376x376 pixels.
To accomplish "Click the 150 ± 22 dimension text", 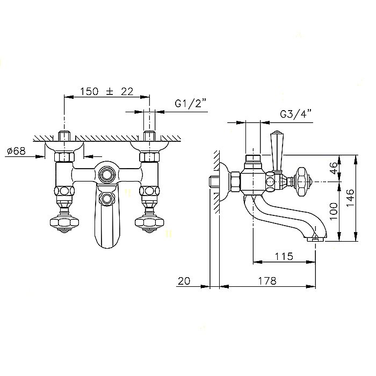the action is (106, 91).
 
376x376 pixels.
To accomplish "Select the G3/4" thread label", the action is (295, 114).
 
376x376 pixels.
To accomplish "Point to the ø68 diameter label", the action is (16, 151).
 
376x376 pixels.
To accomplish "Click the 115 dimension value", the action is (284, 256).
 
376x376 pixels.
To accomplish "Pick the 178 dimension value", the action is (267, 280).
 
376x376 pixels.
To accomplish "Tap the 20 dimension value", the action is (184, 281).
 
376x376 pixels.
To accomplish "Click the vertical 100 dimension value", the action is (334, 211).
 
